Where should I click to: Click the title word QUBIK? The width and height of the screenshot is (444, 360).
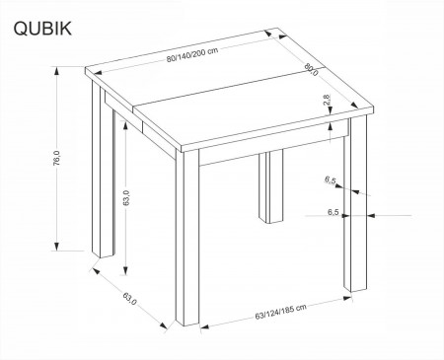tap(42, 29)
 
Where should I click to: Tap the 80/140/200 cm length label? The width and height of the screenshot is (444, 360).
tap(192, 55)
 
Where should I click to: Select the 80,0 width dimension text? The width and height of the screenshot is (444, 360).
tap(311, 69)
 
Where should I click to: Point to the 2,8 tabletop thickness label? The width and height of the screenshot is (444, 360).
tap(327, 100)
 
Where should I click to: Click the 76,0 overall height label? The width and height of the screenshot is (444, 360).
tap(56, 158)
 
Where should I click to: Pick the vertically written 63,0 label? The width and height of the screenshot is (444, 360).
tap(126, 198)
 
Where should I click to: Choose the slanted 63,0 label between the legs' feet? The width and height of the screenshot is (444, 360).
tap(129, 299)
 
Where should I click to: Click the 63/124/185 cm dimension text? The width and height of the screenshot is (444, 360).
tap(280, 312)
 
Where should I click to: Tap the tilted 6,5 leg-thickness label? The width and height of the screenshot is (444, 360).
tap(330, 180)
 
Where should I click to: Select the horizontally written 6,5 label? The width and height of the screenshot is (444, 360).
tap(333, 212)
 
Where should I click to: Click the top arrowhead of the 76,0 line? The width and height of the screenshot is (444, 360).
tap(57, 71)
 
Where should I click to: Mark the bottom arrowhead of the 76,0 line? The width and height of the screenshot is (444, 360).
tap(57, 247)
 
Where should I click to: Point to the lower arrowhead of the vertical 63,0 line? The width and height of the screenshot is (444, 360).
tap(125, 270)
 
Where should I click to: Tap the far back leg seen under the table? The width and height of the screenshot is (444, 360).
tap(270, 186)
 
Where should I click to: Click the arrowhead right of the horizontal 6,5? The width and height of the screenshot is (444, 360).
tap(371, 216)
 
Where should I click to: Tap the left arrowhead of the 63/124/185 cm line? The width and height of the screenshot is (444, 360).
tap(204, 326)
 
